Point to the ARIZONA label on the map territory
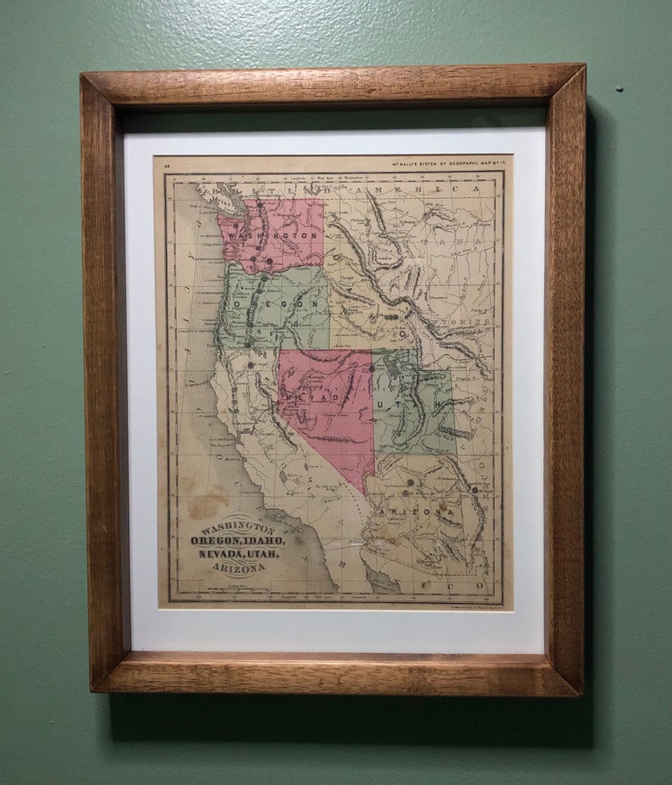tap(416, 511)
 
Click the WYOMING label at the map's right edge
tap(471, 323)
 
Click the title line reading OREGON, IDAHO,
tap(238, 540)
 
